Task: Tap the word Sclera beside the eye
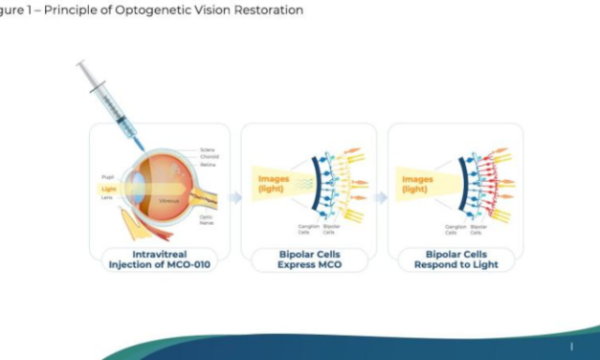(208, 149)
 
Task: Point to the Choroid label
(209, 156)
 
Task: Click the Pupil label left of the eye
(107, 177)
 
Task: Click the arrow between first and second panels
(235, 197)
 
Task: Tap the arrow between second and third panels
(380, 197)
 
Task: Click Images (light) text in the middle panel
(272, 183)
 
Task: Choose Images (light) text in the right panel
(417, 183)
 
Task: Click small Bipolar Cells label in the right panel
(479, 230)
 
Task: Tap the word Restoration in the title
(269, 11)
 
